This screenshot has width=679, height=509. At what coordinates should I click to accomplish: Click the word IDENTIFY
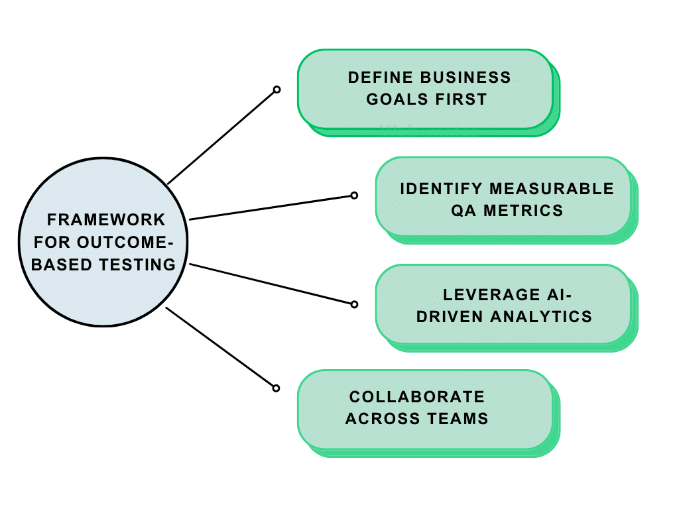click(x=441, y=188)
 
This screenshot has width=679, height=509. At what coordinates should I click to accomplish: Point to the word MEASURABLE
click(x=552, y=188)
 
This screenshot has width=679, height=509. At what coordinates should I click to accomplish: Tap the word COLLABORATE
click(x=417, y=397)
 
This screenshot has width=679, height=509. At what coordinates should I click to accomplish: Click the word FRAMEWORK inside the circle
click(x=106, y=219)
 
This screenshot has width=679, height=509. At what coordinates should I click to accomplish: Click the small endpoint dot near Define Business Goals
click(x=277, y=89)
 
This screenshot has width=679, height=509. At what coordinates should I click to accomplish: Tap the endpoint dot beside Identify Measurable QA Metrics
click(x=354, y=196)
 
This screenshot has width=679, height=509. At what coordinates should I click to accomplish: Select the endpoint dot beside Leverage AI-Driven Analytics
click(x=354, y=304)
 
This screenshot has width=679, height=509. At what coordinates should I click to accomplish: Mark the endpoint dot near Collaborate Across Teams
click(x=277, y=388)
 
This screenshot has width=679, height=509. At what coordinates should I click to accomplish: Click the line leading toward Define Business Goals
click(x=222, y=137)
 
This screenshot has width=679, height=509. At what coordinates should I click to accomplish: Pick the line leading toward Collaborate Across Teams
click(x=221, y=348)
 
